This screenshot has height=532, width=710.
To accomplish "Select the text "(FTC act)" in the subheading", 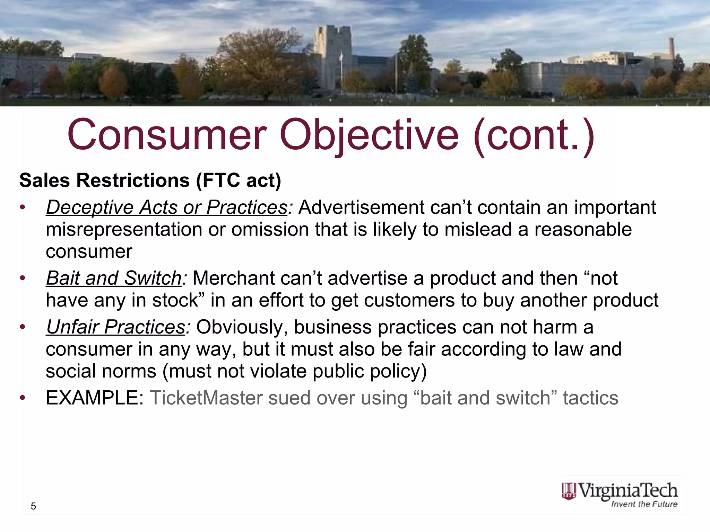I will [x=239, y=180].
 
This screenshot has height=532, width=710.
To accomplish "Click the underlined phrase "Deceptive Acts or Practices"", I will [x=167, y=207].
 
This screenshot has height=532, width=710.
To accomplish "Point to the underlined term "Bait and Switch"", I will [x=114, y=278].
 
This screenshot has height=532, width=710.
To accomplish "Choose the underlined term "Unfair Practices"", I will [x=116, y=327].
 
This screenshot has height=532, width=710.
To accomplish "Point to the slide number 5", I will [x=33, y=506].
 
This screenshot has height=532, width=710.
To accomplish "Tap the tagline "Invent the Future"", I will [x=644, y=504].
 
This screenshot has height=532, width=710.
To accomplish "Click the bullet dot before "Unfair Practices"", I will [x=23, y=327].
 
